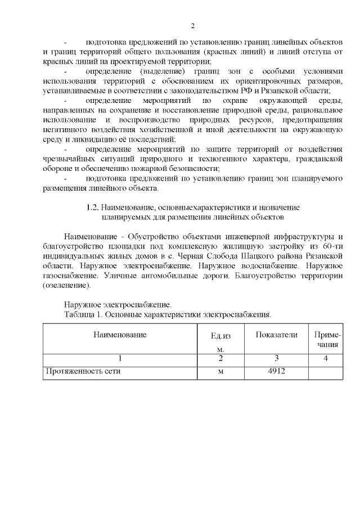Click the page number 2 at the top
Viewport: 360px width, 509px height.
tap(192, 26)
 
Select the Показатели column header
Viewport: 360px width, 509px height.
tap(276, 335)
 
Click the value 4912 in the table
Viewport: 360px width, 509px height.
tap(276, 371)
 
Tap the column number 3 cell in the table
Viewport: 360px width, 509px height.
tap(276, 358)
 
